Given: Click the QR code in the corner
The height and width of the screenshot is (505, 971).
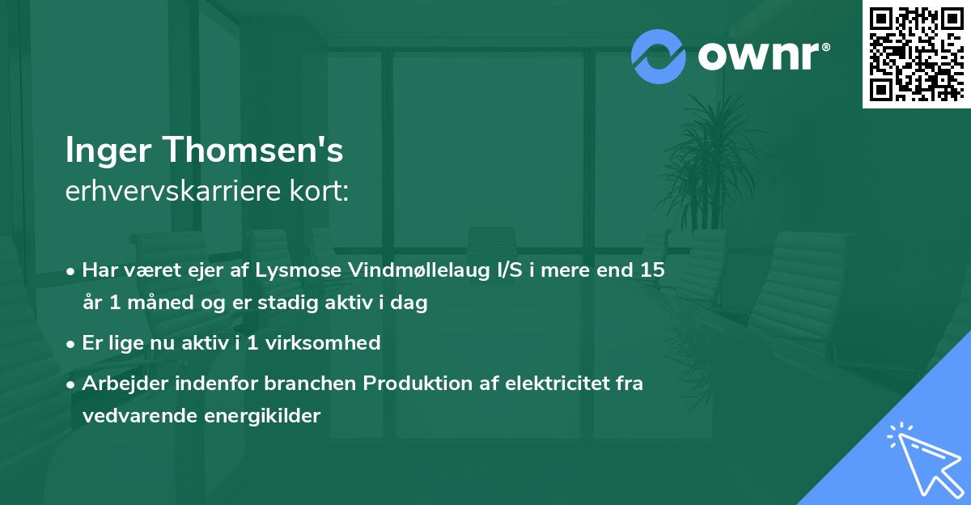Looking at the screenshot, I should pyautogui.click(x=917, y=54).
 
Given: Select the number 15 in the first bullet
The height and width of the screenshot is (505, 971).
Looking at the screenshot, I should pyautogui.click(x=653, y=270).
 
